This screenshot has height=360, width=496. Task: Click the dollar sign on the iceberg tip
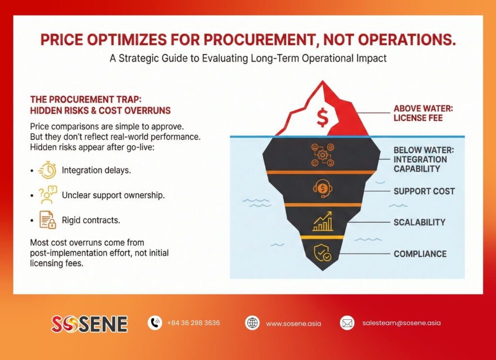coord(322,117)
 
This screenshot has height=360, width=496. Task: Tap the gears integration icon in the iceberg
coord(322,155)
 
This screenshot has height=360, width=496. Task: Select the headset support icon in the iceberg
coord(322,188)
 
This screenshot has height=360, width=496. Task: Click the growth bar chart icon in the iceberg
coord(323,221)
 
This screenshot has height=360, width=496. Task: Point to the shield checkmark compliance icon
coord(323,253)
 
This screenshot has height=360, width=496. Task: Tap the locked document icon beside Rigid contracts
coord(47,220)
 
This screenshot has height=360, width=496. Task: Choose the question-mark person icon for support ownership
coord(47,195)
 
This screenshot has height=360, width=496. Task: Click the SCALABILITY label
coord(419,222)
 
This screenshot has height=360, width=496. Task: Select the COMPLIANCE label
coord(420,254)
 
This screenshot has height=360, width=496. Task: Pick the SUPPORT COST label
coord(424,191)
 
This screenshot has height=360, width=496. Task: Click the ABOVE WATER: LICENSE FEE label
coord(423,113)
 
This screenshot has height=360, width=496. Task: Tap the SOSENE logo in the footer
coord(89,324)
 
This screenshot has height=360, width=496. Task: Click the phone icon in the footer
coord(155,323)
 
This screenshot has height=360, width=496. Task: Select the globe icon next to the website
coord(252,323)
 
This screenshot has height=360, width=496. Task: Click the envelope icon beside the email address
coord(347,323)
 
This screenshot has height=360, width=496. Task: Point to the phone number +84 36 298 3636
coord(193,323)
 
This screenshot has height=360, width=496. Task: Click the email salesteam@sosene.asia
coord(402,323)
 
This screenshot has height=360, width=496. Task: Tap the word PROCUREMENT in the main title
coord(260,40)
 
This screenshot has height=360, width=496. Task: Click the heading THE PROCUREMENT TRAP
coord(86,100)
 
